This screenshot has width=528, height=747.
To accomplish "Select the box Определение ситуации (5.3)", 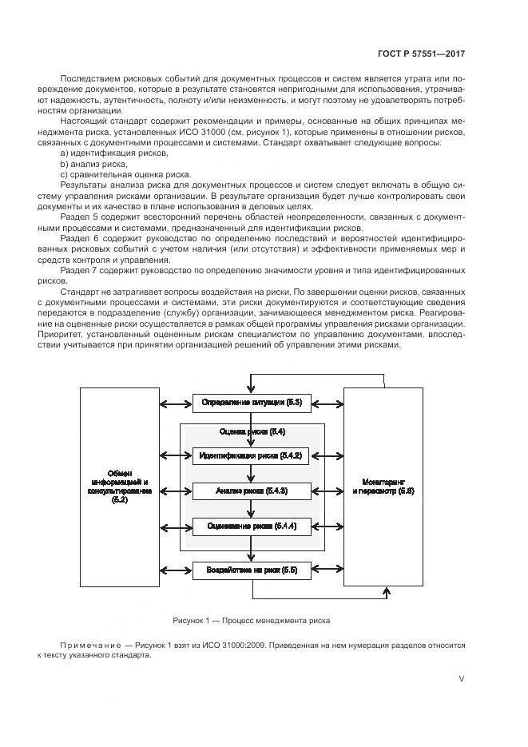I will point(251,402).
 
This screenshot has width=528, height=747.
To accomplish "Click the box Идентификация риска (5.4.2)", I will point(251,455).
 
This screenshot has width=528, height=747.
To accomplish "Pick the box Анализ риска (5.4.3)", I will point(251,491).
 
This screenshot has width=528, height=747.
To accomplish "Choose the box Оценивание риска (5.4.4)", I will point(251,526).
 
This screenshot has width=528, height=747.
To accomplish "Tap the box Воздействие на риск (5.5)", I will point(251,570).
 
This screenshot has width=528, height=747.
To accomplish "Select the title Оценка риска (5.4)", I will point(251,431).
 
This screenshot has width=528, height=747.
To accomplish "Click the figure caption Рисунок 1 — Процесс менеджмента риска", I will point(251,620).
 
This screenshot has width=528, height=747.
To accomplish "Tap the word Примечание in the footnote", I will point(86,645).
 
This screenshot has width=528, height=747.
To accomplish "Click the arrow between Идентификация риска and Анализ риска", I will point(251,473).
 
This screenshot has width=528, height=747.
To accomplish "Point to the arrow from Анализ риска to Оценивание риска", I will point(251,508).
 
